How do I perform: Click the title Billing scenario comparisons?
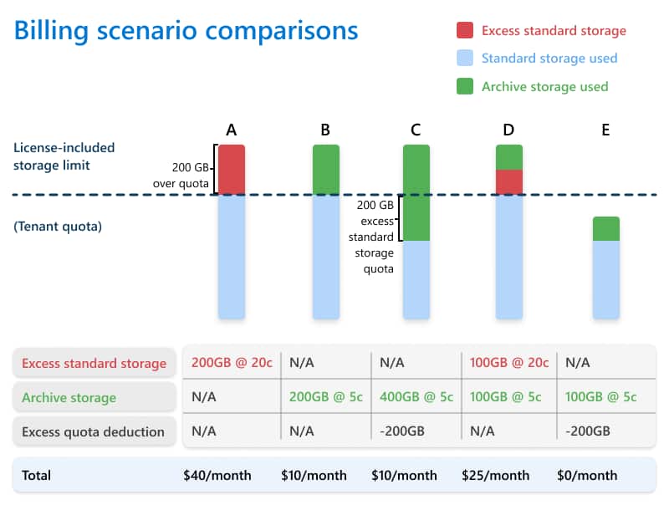click(186, 32)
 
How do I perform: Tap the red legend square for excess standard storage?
click(465, 31)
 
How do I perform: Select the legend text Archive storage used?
click(544, 86)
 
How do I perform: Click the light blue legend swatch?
click(465, 59)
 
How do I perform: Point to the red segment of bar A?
click(232, 170)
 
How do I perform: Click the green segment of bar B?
click(326, 170)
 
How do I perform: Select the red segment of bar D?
click(509, 182)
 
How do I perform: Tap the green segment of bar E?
click(606, 229)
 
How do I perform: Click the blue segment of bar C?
click(416, 279)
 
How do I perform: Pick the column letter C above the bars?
click(416, 130)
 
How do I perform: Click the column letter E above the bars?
click(605, 130)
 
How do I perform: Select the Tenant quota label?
click(58, 226)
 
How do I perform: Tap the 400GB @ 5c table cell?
click(411, 397)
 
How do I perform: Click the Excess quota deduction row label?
click(93, 431)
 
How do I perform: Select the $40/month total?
click(217, 475)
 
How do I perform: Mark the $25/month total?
click(495, 475)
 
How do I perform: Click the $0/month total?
click(587, 475)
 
